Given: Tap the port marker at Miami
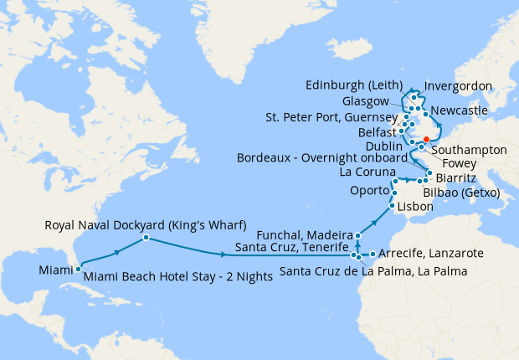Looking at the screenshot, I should [x=78, y=269].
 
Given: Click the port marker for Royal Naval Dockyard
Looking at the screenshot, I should [x=146, y=238].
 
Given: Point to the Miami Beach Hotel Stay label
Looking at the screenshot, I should [x=178, y=277].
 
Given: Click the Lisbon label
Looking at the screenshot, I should [x=415, y=206].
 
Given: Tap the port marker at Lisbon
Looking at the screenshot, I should [x=392, y=206].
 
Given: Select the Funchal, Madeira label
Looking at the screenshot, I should [x=309, y=235].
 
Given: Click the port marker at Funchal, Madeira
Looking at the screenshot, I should [x=358, y=236].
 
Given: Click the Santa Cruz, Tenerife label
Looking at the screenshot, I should [x=291, y=249].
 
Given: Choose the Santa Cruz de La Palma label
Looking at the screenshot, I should [x=373, y=270].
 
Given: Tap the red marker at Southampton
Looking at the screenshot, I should [x=426, y=139].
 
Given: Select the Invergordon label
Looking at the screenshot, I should [x=458, y=86].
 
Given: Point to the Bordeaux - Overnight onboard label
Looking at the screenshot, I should [x=322, y=157].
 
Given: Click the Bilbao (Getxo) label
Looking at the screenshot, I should [x=461, y=192].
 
